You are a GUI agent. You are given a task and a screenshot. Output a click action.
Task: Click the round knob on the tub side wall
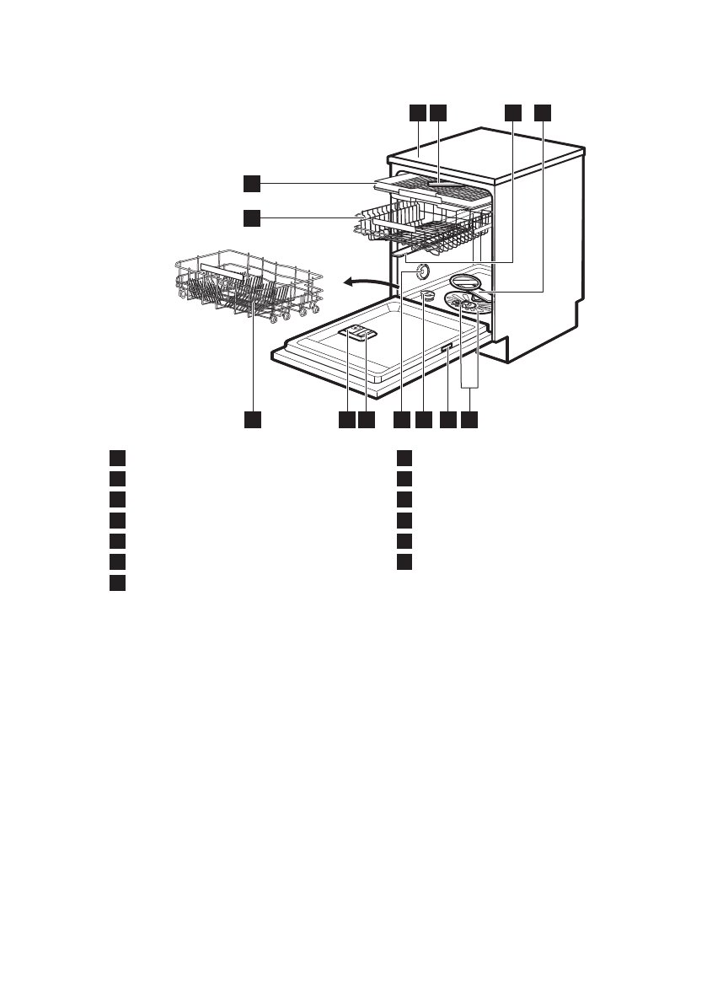tap(420, 271)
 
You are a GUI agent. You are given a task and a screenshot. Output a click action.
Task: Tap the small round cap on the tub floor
tap(430, 294)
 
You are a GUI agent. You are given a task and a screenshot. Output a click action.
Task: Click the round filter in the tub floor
tap(469, 304)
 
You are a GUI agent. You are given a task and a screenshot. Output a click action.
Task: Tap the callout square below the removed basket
tap(251, 419)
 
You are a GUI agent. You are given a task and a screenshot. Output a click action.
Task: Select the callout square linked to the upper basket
tap(251, 217)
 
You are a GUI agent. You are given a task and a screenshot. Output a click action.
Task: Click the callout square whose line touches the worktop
tap(416, 111)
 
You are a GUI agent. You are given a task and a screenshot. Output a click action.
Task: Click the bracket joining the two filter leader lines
tap(470, 387)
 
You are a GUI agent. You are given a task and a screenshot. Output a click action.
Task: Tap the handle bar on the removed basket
tap(223, 270)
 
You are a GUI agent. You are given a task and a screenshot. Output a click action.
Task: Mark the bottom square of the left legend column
tap(117, 582)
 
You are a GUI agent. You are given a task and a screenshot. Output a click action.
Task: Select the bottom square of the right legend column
tap(404, 561)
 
